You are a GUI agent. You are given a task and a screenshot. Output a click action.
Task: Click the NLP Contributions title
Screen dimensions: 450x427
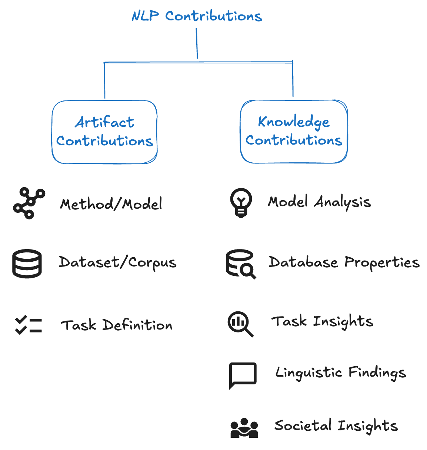[x=197, y=16]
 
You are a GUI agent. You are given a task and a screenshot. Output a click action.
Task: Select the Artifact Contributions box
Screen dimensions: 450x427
[x=104, y=132]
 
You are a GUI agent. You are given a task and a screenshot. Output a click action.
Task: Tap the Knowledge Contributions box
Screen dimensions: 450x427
[x=294, y=131]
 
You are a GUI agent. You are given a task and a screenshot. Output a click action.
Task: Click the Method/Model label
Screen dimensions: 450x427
[x=111, y=204]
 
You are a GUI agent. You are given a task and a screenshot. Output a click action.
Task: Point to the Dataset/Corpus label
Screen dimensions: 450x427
[x=117, y=262]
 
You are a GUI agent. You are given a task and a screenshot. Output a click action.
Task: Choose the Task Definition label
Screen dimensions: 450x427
[x=116, y=325]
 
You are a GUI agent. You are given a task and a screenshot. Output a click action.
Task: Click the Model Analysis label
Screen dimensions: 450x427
[x=319, y=202]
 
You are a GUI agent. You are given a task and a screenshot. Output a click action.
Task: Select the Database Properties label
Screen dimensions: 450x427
[x=344, y=262]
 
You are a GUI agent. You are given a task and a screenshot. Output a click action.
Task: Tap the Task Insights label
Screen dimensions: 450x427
[x=322, y=321]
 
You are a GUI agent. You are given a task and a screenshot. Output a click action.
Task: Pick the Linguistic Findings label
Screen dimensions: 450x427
[x=340, y=373]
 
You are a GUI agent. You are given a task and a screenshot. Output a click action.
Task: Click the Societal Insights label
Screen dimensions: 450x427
[x=336, y=426]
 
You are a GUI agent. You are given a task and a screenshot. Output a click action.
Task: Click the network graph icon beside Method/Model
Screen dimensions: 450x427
[x=29, y=203]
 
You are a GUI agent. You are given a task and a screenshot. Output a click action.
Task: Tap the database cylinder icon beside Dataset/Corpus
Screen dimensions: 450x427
[x=27, y=264]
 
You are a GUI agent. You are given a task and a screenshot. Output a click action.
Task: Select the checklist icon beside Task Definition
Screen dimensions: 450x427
[x=29, y=325]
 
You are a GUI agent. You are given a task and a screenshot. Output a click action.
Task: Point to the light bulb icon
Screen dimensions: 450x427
[x=241, y=202]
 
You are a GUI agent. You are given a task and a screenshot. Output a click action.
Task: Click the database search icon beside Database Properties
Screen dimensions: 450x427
[x=241, y=264]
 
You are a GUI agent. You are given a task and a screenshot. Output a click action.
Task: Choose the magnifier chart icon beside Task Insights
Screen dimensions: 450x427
[x=240, y=324]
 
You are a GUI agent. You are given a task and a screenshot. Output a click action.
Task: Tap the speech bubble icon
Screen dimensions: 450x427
[x=243, y=375]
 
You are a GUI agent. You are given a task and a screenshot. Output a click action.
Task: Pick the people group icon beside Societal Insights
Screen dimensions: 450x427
[x=244, y=428]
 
